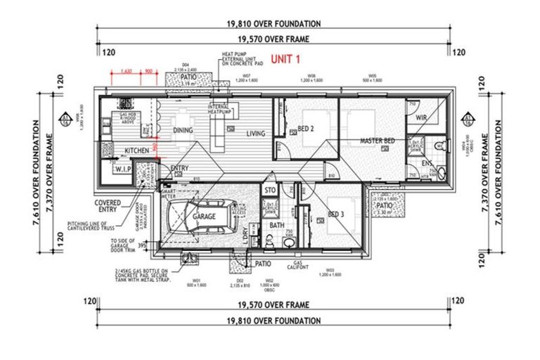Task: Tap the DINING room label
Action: pyautogui.click(x=184, y=130)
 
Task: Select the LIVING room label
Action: pyautogui.click(x=255, y=134)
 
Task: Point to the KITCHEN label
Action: pyautogui.click(x=136, y=150)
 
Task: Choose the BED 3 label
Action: pyautogui.click(x=336, y=214)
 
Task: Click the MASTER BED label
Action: pyautogui.click(x=377, y=141)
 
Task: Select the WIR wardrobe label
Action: pyautogui.click(x=422, y=117)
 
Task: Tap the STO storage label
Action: pyautogui.click(x=269, y=190)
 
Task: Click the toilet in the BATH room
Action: pyautogui.click(x=288, y=243)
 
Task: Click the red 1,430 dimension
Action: pyautogui.click(x=127, y=71)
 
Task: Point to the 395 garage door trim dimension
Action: pyautogui.click(x=143, y=245)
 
